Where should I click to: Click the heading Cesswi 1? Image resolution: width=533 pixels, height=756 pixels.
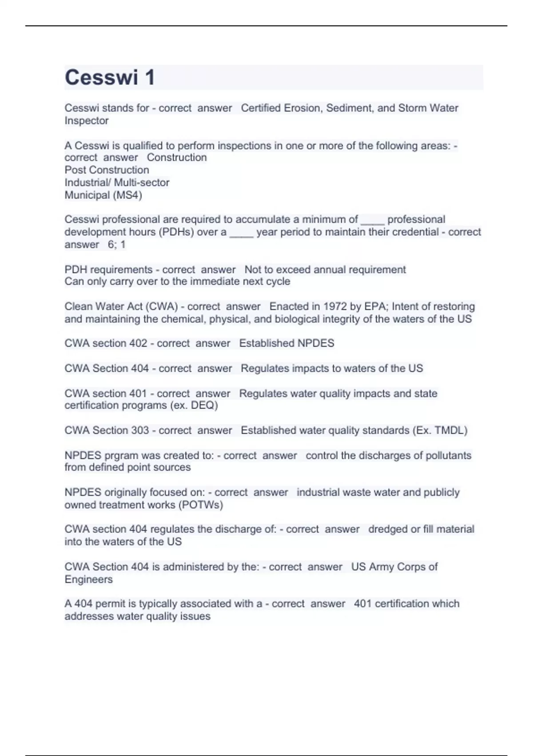110,77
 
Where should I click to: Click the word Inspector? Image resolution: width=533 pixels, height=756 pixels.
87,121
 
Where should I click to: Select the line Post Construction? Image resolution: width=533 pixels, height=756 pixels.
107,170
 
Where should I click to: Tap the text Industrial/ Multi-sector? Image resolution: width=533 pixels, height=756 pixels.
117,182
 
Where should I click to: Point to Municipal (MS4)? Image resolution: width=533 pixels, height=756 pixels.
103,195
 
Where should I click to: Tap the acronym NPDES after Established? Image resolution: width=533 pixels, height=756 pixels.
315,343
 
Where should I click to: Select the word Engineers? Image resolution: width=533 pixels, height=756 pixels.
88,579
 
